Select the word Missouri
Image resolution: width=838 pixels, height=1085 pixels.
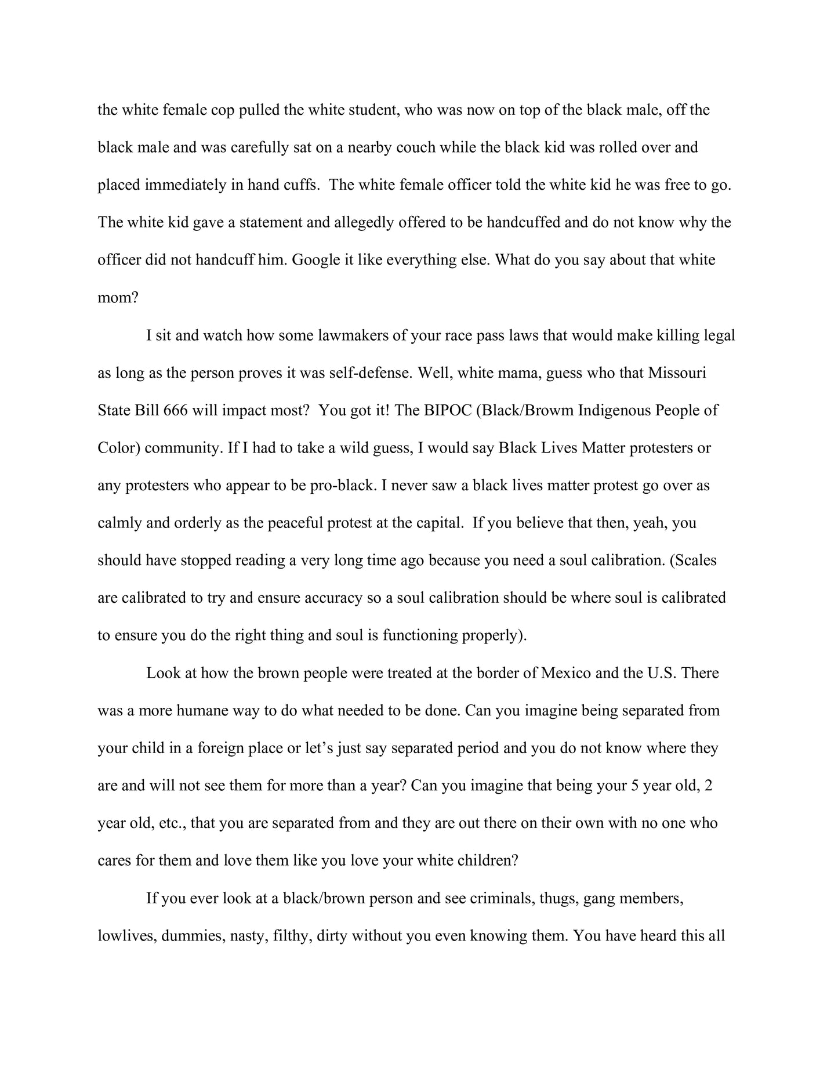pyautogui.click(x=677, y=372)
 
